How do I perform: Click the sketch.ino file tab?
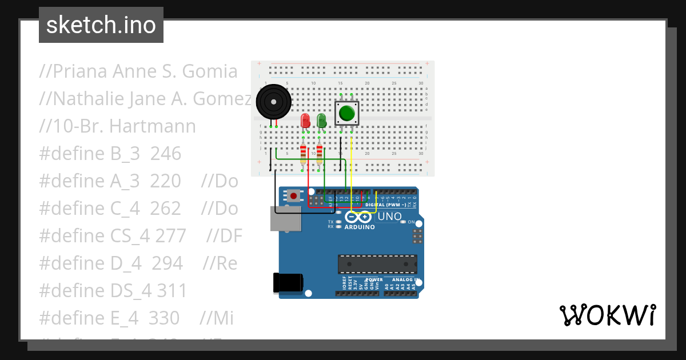tap(101, 25)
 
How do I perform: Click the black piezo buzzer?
tap(273, 102)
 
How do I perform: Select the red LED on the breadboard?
tap(305, 121)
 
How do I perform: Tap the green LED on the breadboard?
tap(321, 120)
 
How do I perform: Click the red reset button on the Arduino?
tap(293, 196)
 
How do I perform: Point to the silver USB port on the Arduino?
tap(285, 219)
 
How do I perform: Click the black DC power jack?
tap(288, 283)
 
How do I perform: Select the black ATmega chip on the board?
tap(377, 264)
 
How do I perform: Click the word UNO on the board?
tap(390, 217)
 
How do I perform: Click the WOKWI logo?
tap(607, 315)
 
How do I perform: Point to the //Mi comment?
tap(217, 318)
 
